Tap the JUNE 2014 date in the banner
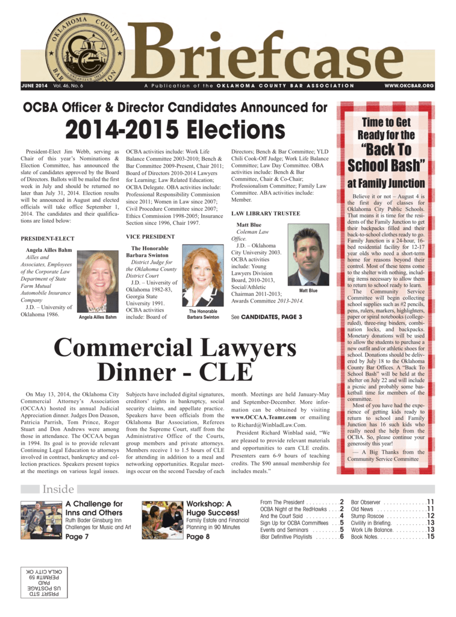[34, 86]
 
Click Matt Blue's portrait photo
[308, 255]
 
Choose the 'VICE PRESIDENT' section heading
[151, 237]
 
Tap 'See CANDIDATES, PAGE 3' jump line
[266, 316]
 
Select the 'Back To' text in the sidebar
[386, 149]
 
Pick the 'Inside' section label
[58, 490]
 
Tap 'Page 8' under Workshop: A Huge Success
[198, 536]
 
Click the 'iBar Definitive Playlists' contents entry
[286, 536]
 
